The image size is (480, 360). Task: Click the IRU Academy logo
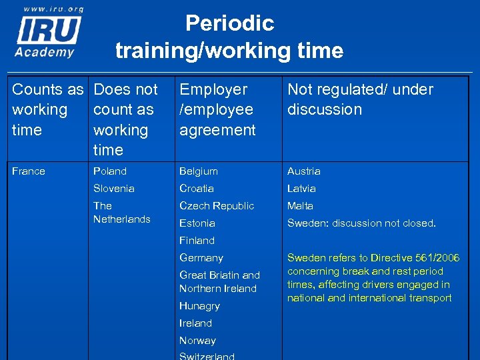pos(49,36)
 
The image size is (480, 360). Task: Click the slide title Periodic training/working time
pos(229,37)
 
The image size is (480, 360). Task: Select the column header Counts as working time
pos(47,109)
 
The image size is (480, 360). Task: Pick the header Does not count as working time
pos(125,119)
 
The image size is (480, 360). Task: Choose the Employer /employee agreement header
pos(217,109)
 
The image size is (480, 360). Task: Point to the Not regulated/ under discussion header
pos(360,99)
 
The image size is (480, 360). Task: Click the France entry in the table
pos(29,171)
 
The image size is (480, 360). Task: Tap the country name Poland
pos(110,171)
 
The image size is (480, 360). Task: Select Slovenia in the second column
pos(114,189)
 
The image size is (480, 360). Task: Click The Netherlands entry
pos(121,213)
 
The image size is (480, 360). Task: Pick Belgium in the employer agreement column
pos(199,171)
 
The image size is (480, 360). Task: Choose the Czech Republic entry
pos(217,206)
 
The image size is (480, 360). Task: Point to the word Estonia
pos(197,223)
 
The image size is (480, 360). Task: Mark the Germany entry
pos(201,258)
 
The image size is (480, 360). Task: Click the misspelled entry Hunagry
pos(199,306)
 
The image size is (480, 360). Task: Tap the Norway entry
pos(198,341)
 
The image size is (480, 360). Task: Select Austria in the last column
pos(304,171)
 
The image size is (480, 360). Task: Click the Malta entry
pos(300,206)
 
